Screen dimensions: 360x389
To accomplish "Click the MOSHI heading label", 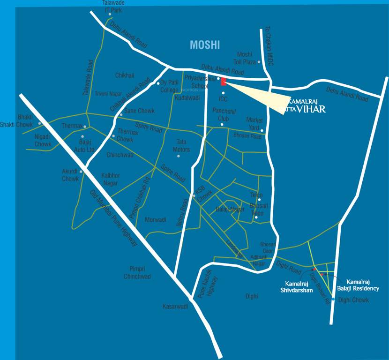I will point(205,45).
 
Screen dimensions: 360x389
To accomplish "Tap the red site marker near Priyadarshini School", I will point(224,82).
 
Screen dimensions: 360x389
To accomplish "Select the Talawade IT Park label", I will point(113,6).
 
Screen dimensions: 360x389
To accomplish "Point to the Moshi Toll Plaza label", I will point(245,58).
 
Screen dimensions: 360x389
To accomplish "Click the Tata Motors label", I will point(181,146).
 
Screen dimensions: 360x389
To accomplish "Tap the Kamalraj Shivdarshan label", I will point(299,287).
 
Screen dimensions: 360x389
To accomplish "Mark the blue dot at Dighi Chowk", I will point(333,299).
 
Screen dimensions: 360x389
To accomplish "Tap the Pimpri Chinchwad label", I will point(137,272).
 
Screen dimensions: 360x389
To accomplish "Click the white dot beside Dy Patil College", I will point(158,83).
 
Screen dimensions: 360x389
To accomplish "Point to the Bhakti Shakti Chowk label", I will point(25,120).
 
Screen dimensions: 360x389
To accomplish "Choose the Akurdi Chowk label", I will point(70,175).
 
